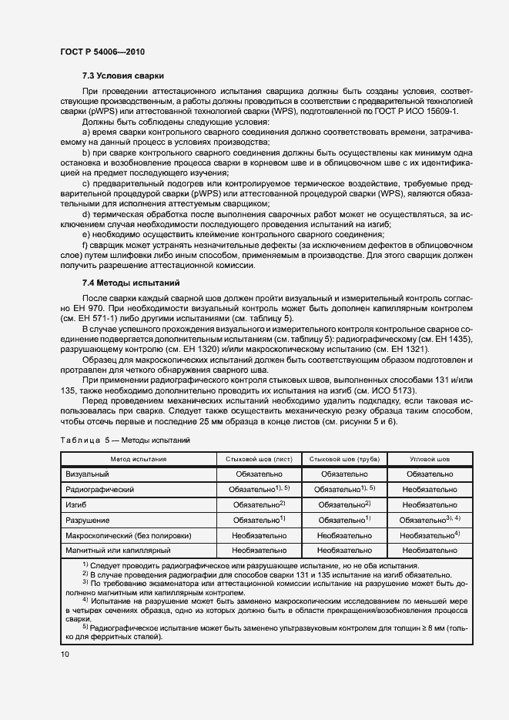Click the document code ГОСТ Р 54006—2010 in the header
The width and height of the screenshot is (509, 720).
(x=102, y=52)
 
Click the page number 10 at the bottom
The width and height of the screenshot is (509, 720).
(x=64, y=655)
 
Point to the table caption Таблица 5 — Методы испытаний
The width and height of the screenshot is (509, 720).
(x=125, y=439)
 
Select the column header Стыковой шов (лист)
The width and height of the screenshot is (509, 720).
(x=257, y=459)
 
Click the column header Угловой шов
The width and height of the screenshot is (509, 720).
(x=430, y=459)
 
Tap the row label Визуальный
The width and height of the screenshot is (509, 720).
(x=86, y=474)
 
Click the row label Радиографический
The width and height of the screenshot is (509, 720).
(x=101, y=490)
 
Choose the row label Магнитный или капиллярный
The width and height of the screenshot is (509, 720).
(x=118, y=551)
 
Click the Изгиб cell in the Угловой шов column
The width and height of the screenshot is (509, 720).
(x=430, y=504)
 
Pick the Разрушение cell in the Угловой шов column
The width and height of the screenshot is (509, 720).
(x=430, y=520)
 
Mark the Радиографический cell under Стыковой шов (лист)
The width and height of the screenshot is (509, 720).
(x=257, y=489)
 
